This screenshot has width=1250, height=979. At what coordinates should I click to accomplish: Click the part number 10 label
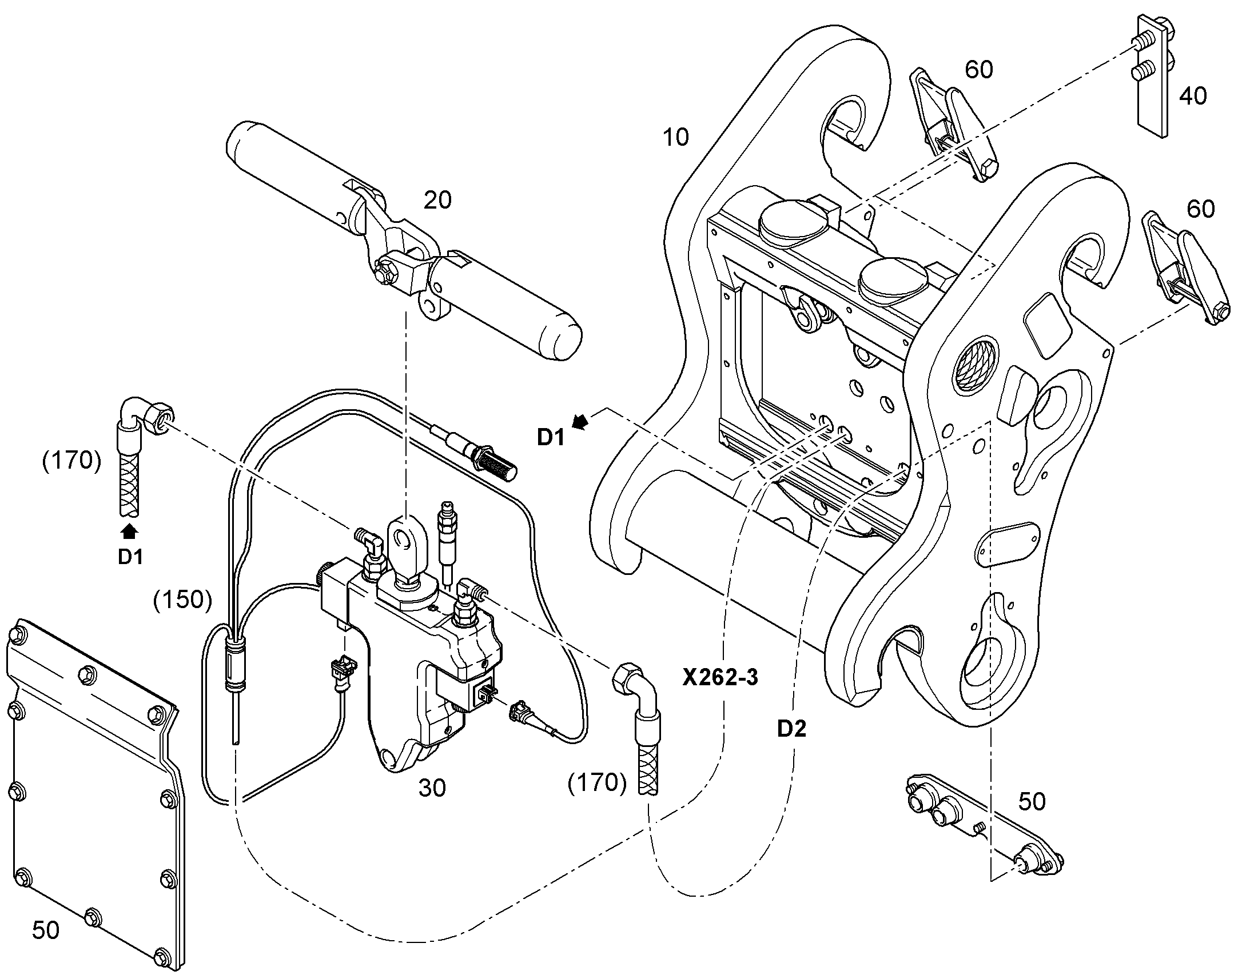tap(675, 138)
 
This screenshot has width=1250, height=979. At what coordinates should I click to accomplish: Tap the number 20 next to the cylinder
tap(437, 200)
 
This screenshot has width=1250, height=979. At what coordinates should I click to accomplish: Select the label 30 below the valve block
tap(432, 788)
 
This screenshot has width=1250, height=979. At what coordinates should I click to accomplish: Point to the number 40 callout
tap(1193, 95)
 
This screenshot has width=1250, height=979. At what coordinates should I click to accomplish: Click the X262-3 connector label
tap(720, 677)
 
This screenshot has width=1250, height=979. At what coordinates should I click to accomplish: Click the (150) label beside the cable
tap(182, 600)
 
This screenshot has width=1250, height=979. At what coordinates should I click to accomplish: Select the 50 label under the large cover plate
tap(45, 930)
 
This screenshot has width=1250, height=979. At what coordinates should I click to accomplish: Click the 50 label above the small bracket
tap(1032, 801)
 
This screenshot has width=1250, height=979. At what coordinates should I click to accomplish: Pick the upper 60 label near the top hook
tap(979, 70)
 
